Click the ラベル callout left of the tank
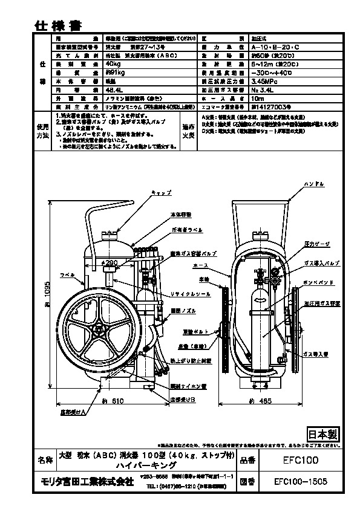point(66,274)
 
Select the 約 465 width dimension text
point(261,400)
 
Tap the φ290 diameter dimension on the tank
point(110,264)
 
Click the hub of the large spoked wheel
point(99,329)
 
